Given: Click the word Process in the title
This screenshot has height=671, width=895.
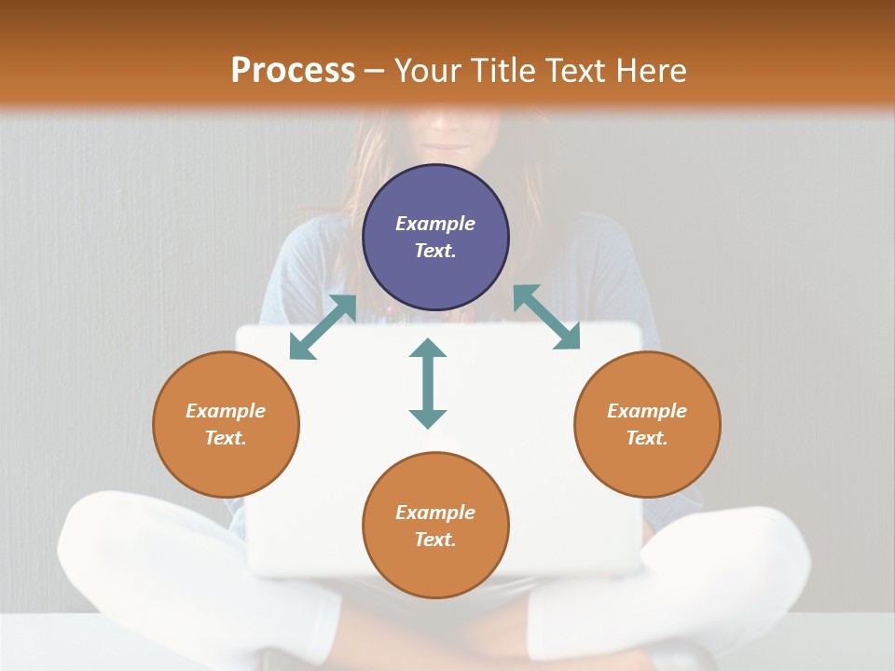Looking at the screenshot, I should point(293,71).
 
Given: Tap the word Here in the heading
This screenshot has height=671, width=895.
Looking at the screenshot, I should point(650,71).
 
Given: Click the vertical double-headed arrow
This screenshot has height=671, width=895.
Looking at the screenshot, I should point(428,383).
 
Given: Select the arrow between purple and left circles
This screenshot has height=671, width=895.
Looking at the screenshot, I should point(323,327).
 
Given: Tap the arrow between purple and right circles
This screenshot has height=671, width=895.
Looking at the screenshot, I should point(547,317).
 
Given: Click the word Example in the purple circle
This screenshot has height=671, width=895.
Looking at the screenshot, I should point(435,224).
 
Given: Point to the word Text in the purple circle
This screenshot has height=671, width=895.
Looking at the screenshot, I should point(435,251).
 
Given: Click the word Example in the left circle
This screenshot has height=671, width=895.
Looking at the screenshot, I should point(226,411).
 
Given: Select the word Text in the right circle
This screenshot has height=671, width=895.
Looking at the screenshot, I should point(647,438).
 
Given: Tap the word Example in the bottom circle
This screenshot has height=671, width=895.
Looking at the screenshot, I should point(435,513).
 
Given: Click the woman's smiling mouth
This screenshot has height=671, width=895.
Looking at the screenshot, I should point(450,146).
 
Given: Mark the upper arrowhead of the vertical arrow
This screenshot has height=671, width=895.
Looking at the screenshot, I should point(428,349).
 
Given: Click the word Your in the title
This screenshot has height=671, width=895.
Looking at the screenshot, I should point(426,71).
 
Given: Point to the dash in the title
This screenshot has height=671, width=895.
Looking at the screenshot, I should point(375,72).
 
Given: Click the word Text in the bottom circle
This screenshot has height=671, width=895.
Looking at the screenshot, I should point(435,540).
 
